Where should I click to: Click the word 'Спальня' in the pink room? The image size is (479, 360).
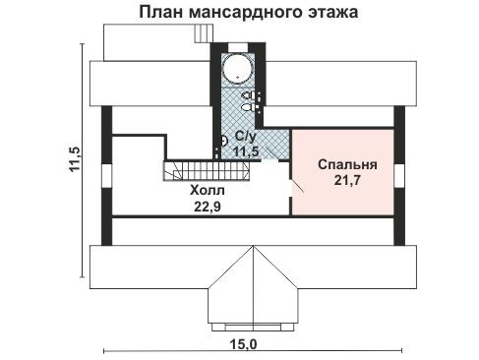click(347, 164)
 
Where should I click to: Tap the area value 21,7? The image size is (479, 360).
click(347, 180)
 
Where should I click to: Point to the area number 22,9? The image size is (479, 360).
click(208, 207)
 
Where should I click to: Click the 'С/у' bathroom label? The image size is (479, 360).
click(245, 137)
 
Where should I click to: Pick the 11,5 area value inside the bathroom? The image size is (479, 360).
click(246, 151)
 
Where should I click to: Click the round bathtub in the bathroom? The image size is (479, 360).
click(238, 69)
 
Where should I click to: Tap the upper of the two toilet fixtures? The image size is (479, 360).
click(248, 95)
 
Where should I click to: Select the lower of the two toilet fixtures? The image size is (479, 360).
click(248, 107)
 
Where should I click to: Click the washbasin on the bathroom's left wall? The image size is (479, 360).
click(224, 141)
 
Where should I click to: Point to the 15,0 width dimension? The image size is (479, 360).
click(243, 344)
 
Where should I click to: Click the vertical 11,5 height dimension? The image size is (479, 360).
click(75, 159)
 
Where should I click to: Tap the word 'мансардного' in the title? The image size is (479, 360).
click(247, 13)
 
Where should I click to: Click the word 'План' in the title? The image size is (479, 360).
click(161, 12)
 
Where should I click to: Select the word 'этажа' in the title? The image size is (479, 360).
click(333, 13)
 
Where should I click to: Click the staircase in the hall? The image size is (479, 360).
click(207, 170)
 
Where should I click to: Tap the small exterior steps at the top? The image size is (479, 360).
click(204, 33)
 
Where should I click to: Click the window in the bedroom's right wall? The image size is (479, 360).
click(399, 176)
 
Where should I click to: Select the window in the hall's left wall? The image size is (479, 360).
click(107, 176)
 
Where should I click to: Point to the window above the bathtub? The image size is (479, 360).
click(238, 48)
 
